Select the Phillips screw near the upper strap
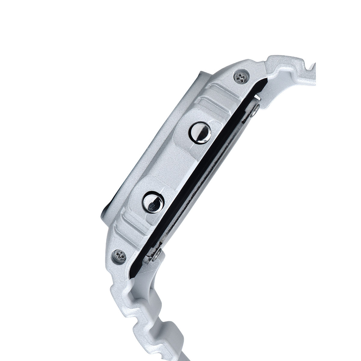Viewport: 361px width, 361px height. pos(241,78)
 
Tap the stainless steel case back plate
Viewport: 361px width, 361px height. pos(208,180)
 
